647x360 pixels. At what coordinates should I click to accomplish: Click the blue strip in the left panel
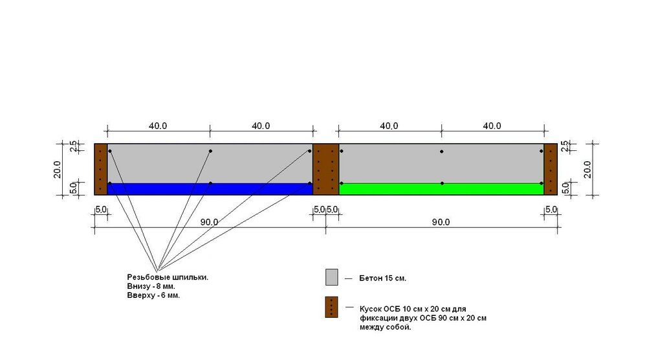210,189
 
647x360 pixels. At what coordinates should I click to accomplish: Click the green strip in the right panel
441,189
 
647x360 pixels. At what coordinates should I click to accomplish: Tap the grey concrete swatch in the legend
332,277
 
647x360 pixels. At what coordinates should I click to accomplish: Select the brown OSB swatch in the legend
332,307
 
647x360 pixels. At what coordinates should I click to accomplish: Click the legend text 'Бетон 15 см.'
382,278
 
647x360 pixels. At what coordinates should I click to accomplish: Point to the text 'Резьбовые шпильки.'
168,277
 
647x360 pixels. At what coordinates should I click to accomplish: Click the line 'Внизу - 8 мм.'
151,287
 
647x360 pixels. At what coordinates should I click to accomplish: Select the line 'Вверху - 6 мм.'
153,296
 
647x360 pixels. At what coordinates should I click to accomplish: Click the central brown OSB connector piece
326,169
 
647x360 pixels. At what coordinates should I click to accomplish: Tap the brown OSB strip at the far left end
101,169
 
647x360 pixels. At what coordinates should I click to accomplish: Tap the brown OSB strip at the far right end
551,169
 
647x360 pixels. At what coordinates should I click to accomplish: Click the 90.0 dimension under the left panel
209,222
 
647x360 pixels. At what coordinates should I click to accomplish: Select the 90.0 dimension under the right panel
441,222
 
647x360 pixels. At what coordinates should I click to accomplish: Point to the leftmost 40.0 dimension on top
158,126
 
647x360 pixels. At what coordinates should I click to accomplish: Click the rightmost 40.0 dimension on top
492,126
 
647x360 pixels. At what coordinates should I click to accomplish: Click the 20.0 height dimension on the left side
58,169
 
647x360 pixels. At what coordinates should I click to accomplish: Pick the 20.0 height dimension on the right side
587,169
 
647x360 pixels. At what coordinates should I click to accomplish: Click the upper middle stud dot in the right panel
441,152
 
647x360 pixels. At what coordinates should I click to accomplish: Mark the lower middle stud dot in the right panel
441,183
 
